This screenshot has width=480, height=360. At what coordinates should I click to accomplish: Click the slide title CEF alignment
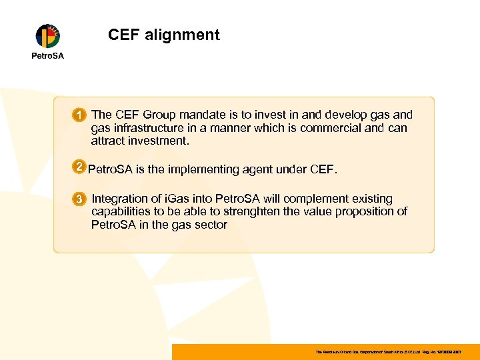coord(163,35)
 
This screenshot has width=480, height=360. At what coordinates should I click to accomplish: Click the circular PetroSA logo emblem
coord(47,36)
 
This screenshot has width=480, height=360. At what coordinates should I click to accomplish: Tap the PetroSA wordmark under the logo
coord(48,55)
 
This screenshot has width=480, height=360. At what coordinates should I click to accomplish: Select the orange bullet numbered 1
coord(79,116)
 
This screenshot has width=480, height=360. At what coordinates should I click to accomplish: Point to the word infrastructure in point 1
coord(153,128)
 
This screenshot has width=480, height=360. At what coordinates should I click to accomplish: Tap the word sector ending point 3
coord(209,225)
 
